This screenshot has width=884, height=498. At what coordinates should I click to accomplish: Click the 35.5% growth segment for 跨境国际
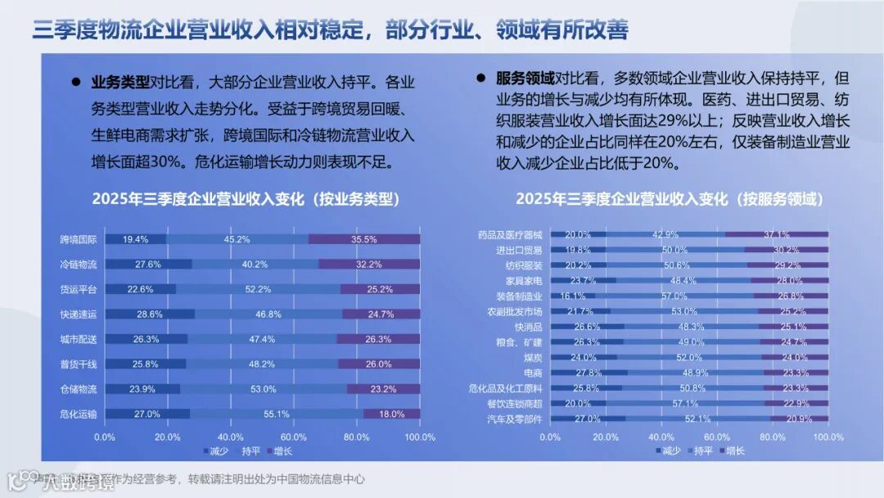pyautogui.click(x=364, y=239)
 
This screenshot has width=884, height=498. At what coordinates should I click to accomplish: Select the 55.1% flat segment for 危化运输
pyautogui.click(x=277, y=414)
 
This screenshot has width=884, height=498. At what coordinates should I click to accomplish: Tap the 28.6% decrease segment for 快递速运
pyautogui.click(x=150, y=315)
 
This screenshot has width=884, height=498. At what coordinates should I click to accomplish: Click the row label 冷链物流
pyautogui.click(x=79, y=265)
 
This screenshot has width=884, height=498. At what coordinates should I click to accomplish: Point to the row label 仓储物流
pyautogui.click(x=79, y=389)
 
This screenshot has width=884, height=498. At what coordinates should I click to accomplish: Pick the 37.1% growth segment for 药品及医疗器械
pyautogui.click(x=776, y=234)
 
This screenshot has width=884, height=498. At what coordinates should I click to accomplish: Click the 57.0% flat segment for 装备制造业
pyautogui.click(x=674, y=296)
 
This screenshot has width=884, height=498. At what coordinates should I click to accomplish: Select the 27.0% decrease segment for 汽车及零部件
pyautogui.click(x=588, y=419)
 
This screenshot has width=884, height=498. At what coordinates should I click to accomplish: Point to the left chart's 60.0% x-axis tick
pyautogui.click(x=294, y=437)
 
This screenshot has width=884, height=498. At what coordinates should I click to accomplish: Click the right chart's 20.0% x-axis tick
pyautogui.click(x=606, y=437)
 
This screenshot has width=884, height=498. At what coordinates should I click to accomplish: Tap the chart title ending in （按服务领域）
pyautogui.click(x=670, y=199)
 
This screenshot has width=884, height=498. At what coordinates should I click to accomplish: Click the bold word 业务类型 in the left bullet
pyautogui.click(x=120, y=82)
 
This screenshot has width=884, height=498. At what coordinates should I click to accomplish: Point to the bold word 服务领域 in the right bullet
pyautogui.click(x=525, y=79)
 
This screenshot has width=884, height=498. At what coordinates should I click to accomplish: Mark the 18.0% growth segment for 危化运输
pyautogui.click(x=392, y=414)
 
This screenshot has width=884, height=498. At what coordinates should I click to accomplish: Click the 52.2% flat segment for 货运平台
pyautogui.click(x=258, y=289)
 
